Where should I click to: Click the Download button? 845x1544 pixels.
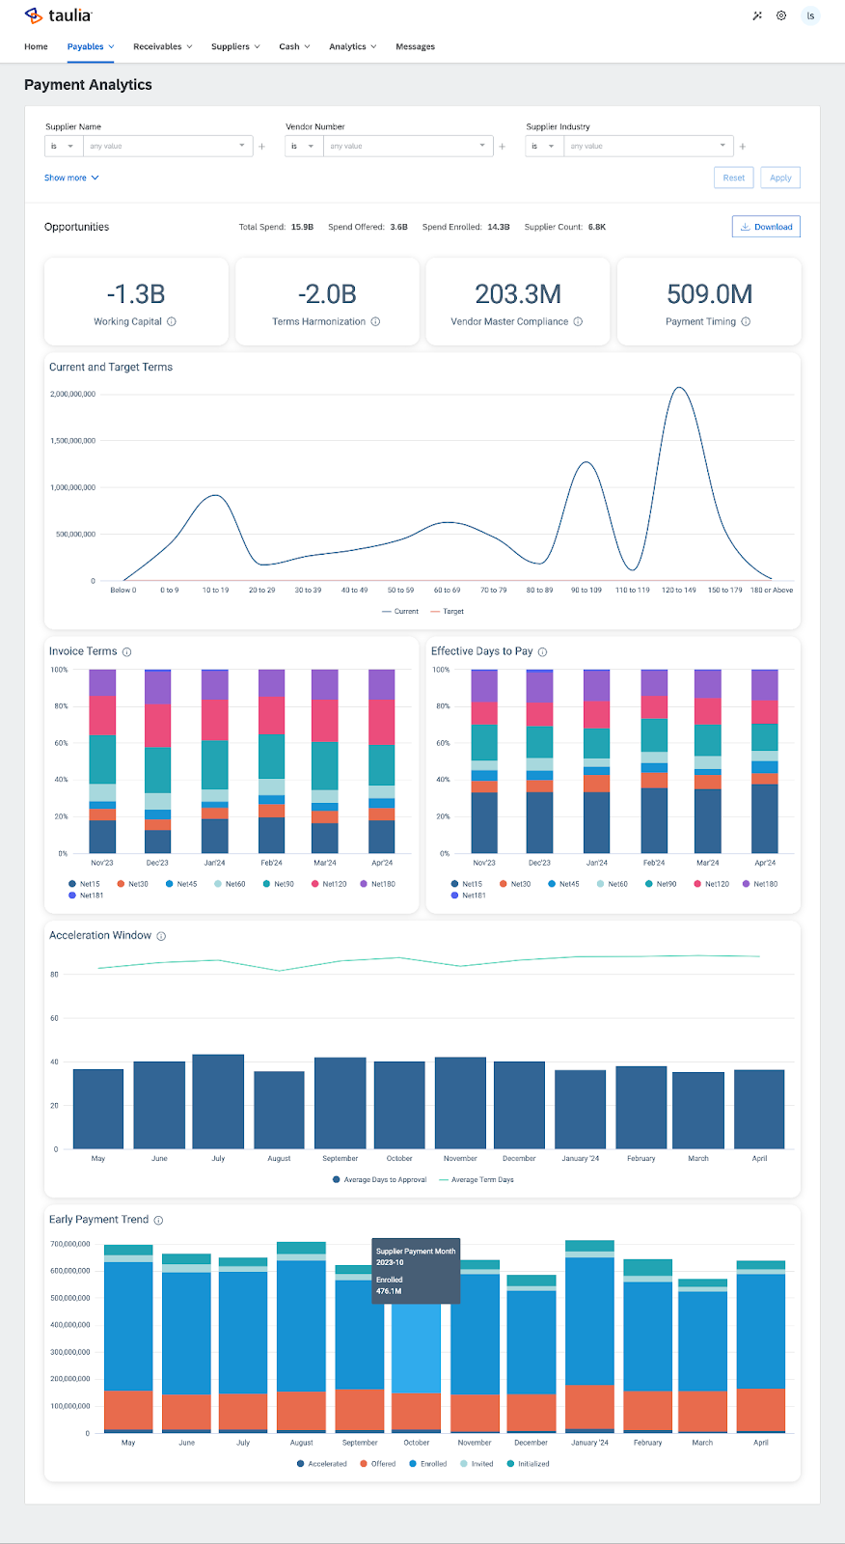pyautogui.click(x=766, y=227)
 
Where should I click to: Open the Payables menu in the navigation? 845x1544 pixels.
pyautogui.click(x=90, y=46)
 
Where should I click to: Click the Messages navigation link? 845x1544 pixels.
pyautogui.click(x=415, y=46)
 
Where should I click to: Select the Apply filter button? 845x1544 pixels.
pyautogui.click(x=780, y=178)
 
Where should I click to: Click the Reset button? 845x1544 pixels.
pyautogui.click(x=733, y=178)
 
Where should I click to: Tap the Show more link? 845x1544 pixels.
pyautogui.click(x=70, y=178)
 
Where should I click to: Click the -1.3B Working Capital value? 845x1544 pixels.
pyautogui.click(x=136, y=294)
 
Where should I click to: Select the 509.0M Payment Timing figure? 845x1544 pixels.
pyautogui.click(x=709, y=294)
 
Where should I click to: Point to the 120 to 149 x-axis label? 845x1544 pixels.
pyautogui.click(x=678, y=590)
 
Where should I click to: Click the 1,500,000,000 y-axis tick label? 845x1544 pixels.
pyautogui.click(x=73, y=441)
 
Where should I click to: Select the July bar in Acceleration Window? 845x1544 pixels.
pyautogui.click(x=218, y=1100)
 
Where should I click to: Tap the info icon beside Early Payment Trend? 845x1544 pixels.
pyautogui.click(x=158, y=1220)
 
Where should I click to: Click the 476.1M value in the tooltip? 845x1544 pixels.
pyautogui.click(x=389, y=1291)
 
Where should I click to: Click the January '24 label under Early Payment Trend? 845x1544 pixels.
pyautogui.click(x=589, y=1443)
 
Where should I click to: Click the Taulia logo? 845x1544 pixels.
pyautogui.click(x=59, y=15)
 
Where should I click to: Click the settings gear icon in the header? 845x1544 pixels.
pyautogui.click(x=781, y=15)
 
